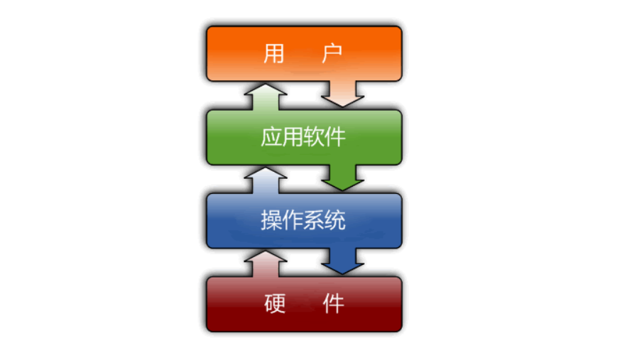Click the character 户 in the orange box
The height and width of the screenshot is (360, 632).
332,54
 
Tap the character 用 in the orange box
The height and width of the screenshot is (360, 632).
275,54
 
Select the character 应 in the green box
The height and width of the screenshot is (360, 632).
272,136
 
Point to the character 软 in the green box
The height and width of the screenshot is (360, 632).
315,136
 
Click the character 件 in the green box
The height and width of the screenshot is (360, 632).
336,136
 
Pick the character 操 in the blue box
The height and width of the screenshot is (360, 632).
272,221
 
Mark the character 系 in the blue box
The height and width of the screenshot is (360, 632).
315,221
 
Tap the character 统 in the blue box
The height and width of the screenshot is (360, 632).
336,221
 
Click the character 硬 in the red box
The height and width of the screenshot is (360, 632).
275,305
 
